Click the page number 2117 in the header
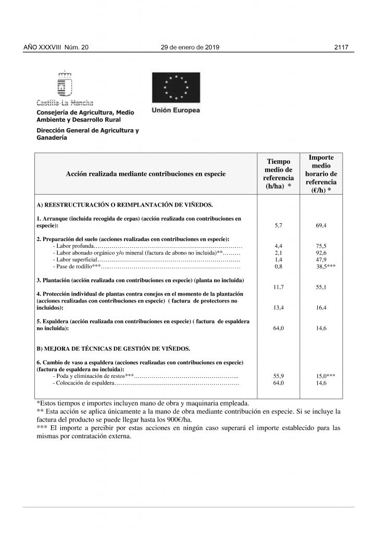pos(344,47)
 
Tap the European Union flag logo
pos(175,87)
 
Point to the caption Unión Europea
pos(175,110)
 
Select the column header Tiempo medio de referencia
pos(278,173)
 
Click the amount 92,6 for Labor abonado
pos(321,252)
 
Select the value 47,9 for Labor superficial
pos(321,259)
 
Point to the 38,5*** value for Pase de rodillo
pos(325,266)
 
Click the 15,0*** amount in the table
pos(325,375)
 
